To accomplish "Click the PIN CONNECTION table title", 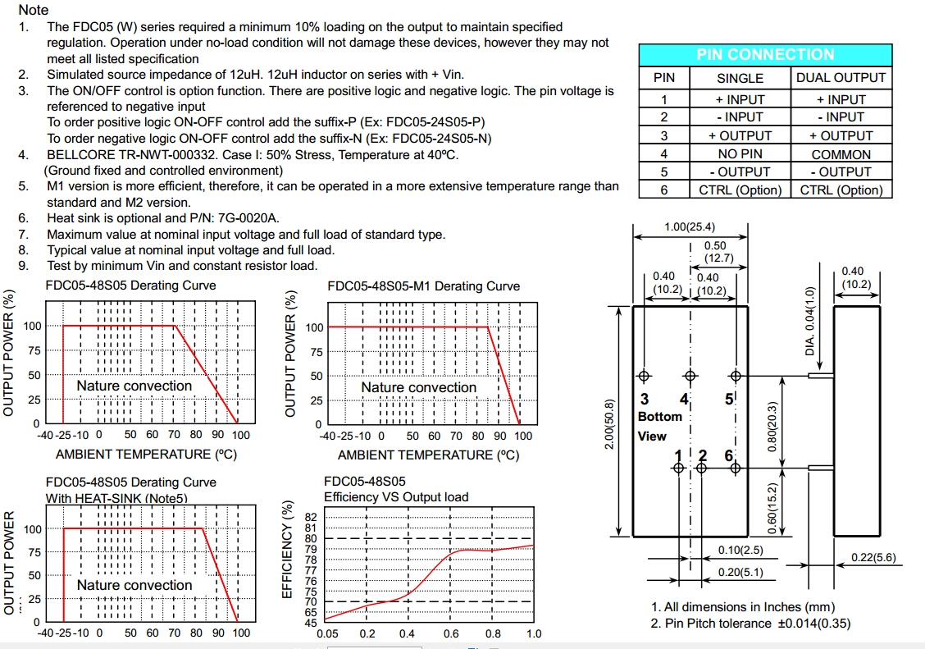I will pyautogui.click(x=765, y=55).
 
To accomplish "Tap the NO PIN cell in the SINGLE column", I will pyautogui.click(x=740, y=154).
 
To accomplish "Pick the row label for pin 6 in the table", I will pyautogui.click(x=664, y=190).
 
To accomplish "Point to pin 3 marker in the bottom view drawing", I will pyautogui.click(x=645, y=376).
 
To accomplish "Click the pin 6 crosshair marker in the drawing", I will pyautogui.click(x=736, y=468).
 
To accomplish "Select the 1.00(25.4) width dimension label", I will pyautogui.click(x=690, y=227).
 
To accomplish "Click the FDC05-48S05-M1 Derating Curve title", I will pyautogui.click(x=423, y=286).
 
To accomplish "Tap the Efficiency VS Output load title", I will pyautogui.click(x=396, y=496).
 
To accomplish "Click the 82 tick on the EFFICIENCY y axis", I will pyautogui.click(x=310, y=518).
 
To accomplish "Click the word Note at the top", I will pyautogui.click(x=33, y=10).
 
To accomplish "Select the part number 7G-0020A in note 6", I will pyautogui.click(x=249, y=217).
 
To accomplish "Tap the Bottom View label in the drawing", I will pyautogui.click(x=659, y=426).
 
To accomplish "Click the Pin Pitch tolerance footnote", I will pyautogui.click(x=750, y=624).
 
